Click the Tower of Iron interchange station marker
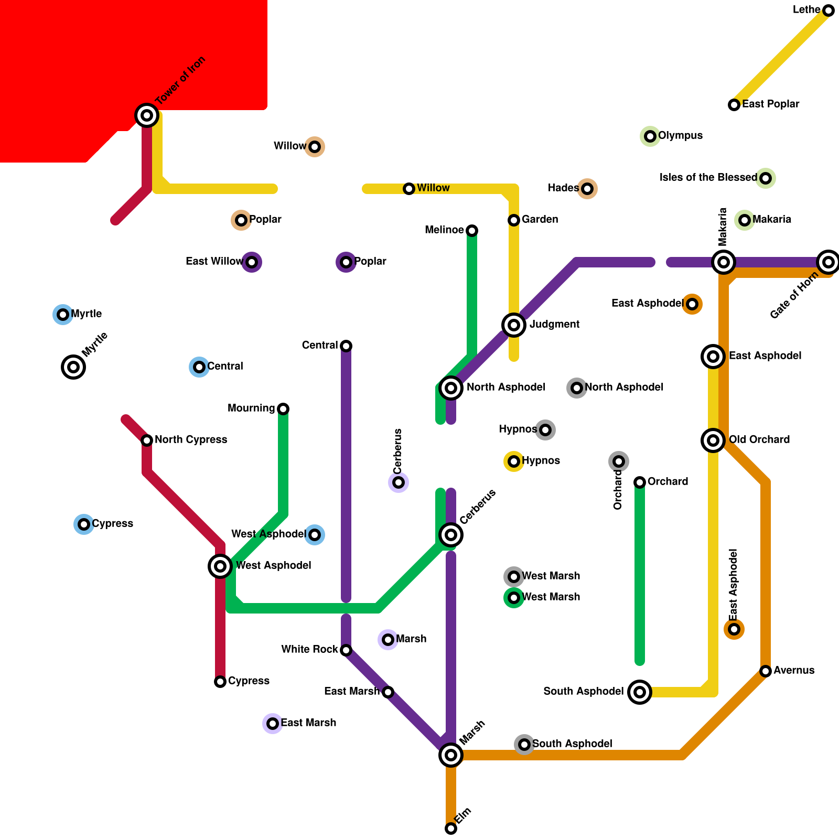coord(147,115)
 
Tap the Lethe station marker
coord(829,10)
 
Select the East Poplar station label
coord(770,104)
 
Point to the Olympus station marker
coord(650,136)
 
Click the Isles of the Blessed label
coord(708,178)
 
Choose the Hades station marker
coord(587,189)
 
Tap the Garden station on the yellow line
coord(514,220)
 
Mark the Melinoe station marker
coord(472,231)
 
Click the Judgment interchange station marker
coord(514,325)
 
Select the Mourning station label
coord(251,408)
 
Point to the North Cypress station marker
coord(147,440)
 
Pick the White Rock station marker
coord(346,650)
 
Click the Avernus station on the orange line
coord(766,671)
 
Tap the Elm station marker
coord(451,829)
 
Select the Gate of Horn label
coord(794,297)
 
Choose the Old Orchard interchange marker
coord(713,440)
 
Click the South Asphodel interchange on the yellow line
coord(640,692)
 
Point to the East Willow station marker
coord(252,262)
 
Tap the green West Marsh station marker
coord(514,598)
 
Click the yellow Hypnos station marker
coord(514,461)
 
